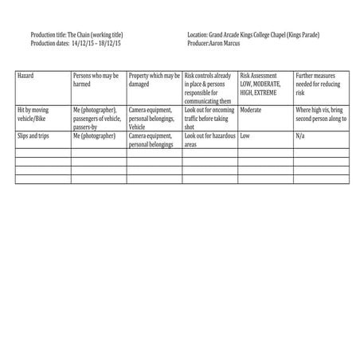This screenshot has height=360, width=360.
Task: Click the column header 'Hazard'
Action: [x=26, y=76]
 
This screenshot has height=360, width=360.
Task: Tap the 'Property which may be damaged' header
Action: [x=154, y=79]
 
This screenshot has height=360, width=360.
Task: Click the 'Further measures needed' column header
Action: [x=319, y=83]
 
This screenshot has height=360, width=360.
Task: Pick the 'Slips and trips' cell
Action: [x=33, y=136]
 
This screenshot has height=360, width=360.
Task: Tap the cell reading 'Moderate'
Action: [x=251, y=109]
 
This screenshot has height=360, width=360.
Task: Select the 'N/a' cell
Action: [x=300, y=136]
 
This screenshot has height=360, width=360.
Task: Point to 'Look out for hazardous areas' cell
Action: [x=208, y=140]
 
